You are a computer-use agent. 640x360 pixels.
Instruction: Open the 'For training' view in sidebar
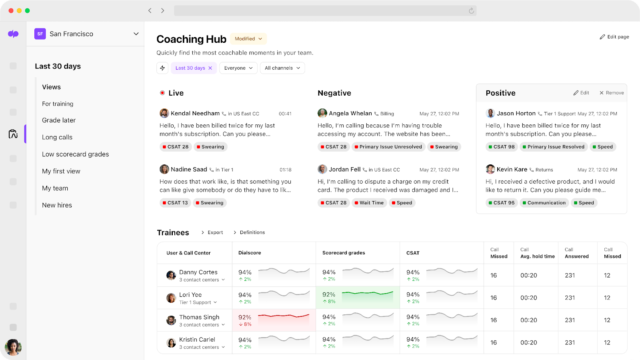click(x=57, y=103)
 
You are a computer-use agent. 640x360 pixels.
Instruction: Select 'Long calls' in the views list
click(x=57, y=137)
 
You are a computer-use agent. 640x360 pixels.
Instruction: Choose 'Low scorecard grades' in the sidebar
click(x=75, y=154)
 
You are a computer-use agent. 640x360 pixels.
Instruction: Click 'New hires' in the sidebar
click(x=56, y=205)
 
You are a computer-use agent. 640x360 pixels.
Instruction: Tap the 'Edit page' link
click(x=615, y=36)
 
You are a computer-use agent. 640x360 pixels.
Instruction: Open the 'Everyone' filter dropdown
click(x=237, y=68)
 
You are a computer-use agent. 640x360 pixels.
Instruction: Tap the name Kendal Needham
click(x=196, y=113)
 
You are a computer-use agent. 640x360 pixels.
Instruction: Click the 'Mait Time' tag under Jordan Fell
click(x=371, y=203)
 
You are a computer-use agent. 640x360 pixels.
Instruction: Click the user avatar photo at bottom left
click(x=14, y=348)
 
